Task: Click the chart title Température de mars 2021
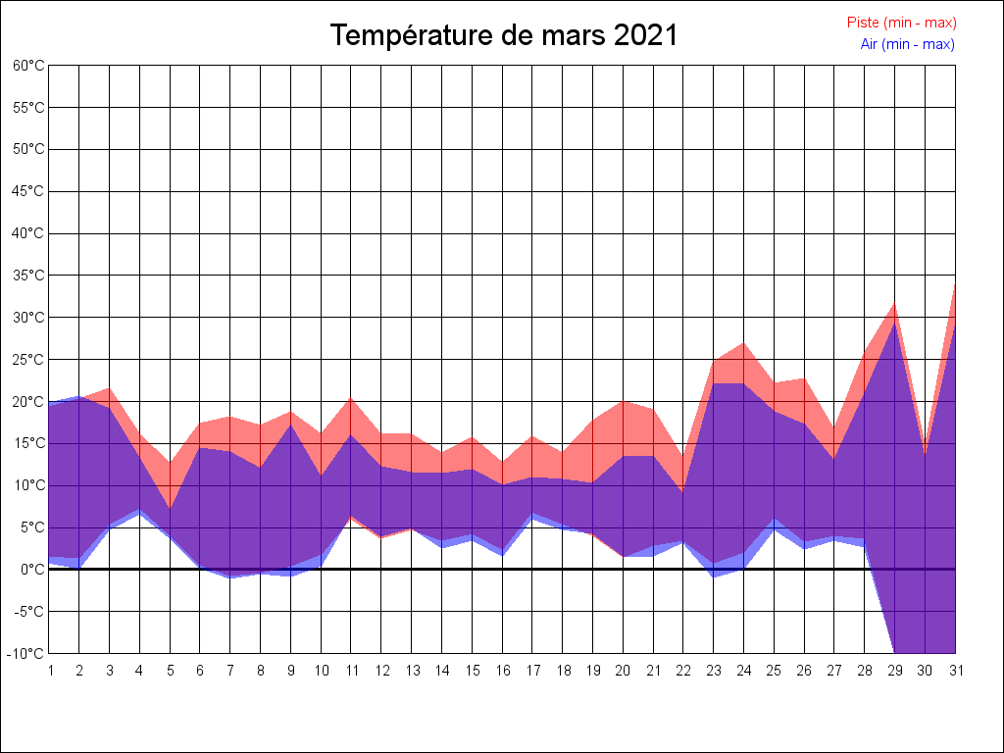(504, 35)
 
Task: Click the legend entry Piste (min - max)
(901, 23)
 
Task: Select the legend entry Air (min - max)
(907, 44)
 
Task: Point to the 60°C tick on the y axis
(29, 65)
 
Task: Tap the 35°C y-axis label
(29, 276)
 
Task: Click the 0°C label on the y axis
(32, 570)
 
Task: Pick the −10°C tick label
(27, 653)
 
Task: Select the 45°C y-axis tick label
(29, 191)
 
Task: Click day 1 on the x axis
(50, 671)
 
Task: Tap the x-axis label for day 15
(473, 671)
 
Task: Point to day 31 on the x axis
(955, 671)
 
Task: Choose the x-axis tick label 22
(683, 671)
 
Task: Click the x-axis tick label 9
(291, 671)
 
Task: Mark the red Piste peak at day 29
(894, 303)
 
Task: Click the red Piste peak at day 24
(743, 343)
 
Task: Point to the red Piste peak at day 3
(110, 388)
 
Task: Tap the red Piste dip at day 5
(170, 464)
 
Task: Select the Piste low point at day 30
(925, 453)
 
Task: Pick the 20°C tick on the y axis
(29, 401)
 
